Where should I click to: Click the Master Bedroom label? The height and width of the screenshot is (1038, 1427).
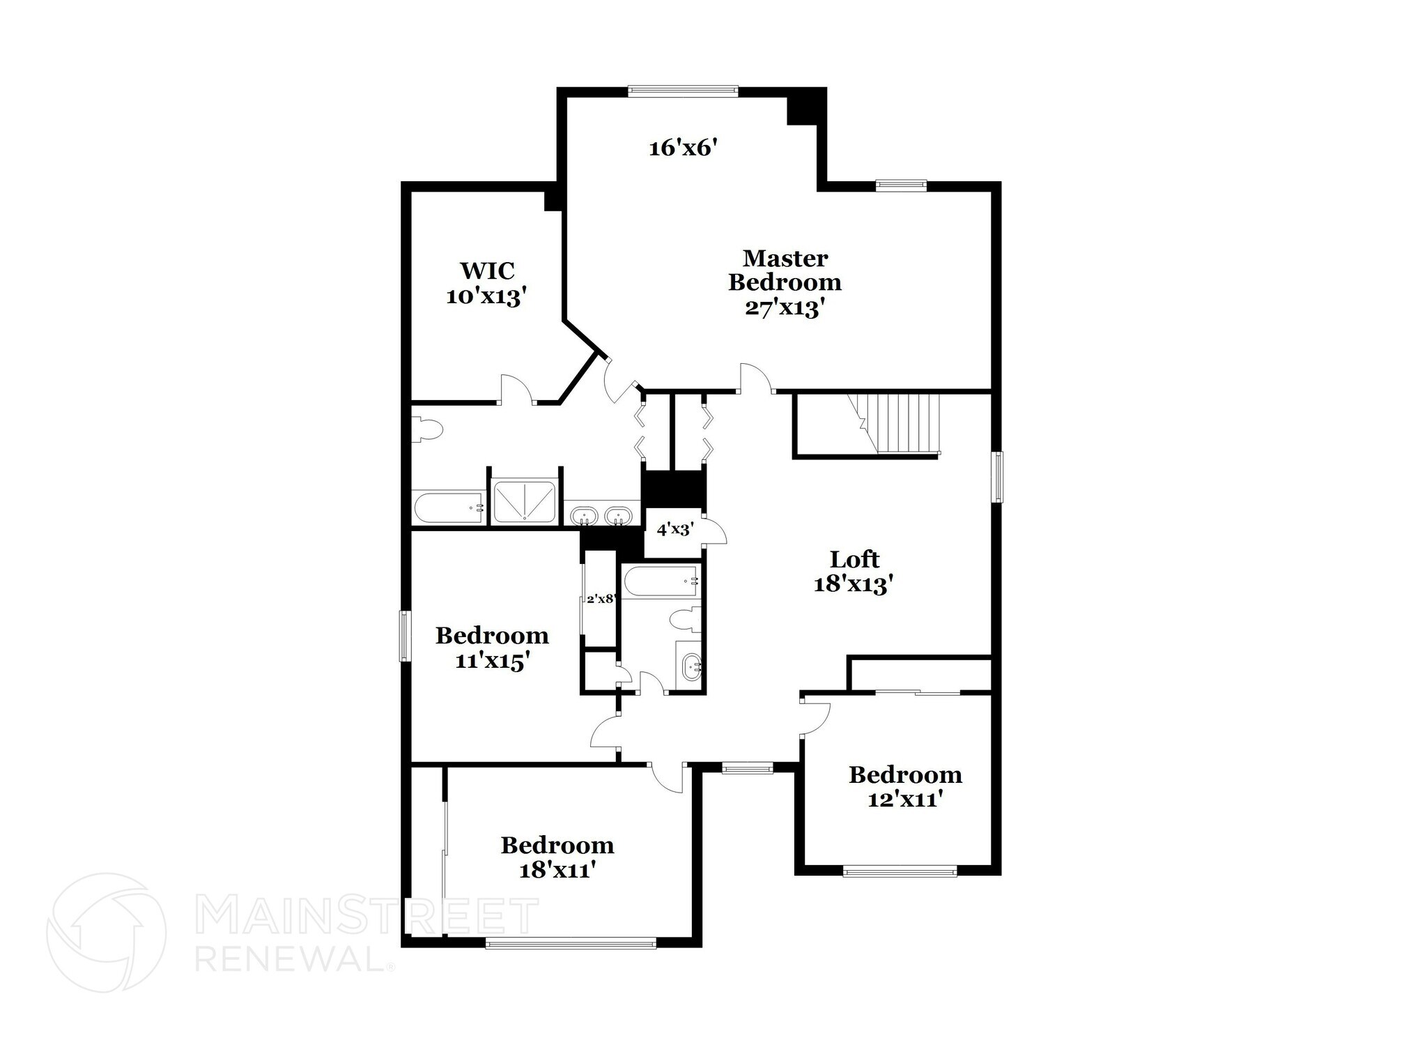[x=785, y=283]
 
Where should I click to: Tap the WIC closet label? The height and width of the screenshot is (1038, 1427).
[x=485, y=283]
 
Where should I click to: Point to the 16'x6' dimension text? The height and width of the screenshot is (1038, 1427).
[x=683, y=148]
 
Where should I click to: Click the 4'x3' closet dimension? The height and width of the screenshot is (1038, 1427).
[x=674, y=529]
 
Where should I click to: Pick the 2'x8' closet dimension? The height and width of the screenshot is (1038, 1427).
[x=600, y=598]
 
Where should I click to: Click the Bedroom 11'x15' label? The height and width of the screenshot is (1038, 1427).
[x=492, y=648]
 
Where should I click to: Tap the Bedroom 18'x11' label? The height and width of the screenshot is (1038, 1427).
[x=557, y=857]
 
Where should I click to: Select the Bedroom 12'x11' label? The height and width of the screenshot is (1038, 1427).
[x=905, y=786]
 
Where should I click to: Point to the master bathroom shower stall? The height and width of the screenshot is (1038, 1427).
[x=525, y=501]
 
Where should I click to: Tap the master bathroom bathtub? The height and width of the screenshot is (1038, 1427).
[x=448, y=508]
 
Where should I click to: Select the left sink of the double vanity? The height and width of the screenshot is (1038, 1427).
[x=583, y=517]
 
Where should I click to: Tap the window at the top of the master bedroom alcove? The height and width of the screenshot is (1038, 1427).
[x=682, y=90]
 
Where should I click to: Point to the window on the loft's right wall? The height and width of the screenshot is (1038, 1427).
[x=998, y=477]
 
